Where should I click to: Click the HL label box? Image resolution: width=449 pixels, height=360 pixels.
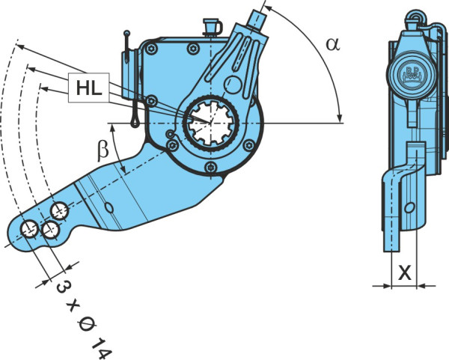[89, 88]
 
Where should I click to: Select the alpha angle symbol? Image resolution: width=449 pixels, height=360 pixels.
[333, 45]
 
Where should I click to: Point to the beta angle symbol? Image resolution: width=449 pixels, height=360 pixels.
[103, 150]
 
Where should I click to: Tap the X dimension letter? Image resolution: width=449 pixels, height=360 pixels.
[405, 273]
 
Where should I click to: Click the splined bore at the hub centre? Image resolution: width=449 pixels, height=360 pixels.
[211, 123]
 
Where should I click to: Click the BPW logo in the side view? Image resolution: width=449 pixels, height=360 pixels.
[412, 76]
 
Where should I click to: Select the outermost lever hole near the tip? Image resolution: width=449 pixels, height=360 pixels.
[29, 229]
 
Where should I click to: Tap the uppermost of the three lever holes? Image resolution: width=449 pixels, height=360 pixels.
[60, 210]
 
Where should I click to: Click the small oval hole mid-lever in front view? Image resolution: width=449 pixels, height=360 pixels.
[109, 207]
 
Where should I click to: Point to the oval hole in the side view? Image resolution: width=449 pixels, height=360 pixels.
[410, 207]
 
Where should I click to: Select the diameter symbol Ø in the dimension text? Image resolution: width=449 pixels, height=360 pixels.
[87, 326]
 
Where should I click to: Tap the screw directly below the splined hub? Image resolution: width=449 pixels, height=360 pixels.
[211, 166]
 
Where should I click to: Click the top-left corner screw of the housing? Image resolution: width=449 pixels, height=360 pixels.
[151, 49]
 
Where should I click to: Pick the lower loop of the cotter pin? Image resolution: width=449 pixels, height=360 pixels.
[134, 122]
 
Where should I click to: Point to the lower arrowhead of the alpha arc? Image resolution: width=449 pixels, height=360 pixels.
[339, 118]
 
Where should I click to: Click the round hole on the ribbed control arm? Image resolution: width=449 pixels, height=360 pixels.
[233, 85]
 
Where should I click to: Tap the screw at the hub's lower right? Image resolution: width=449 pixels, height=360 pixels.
[249, 145]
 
